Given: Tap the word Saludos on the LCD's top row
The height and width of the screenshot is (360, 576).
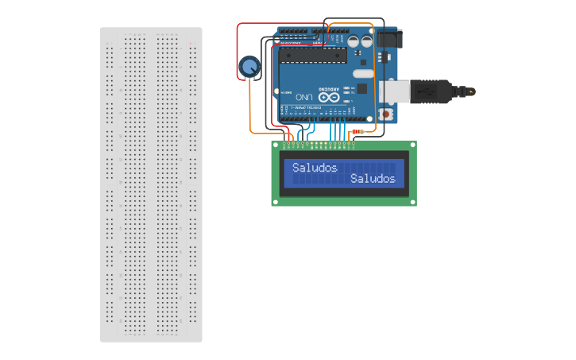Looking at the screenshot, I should point(315,168).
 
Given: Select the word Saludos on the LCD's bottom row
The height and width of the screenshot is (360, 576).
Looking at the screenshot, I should point(373,179).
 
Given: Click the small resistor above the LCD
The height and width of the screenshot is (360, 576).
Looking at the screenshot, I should point(358,131).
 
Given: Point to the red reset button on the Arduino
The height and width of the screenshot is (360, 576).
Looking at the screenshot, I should point(386,114).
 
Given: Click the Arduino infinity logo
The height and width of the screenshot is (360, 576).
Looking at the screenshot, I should point(329,96).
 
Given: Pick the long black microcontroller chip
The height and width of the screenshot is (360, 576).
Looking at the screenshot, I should point(315,55).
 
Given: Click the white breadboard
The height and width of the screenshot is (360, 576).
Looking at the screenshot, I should point(151,184).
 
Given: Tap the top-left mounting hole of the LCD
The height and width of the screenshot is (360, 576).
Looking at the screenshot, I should point(276,146).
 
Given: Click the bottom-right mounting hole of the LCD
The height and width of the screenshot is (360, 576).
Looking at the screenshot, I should point(412,202).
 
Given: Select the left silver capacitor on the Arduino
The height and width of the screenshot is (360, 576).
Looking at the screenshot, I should point(353,40).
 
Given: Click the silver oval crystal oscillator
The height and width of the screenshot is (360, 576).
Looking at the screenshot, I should point(362,72).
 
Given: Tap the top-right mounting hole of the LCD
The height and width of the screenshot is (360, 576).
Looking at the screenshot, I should point(412,146).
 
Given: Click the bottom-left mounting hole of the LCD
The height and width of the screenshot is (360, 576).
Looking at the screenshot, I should point(276,202).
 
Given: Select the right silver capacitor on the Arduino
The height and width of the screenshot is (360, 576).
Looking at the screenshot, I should point(366,40).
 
